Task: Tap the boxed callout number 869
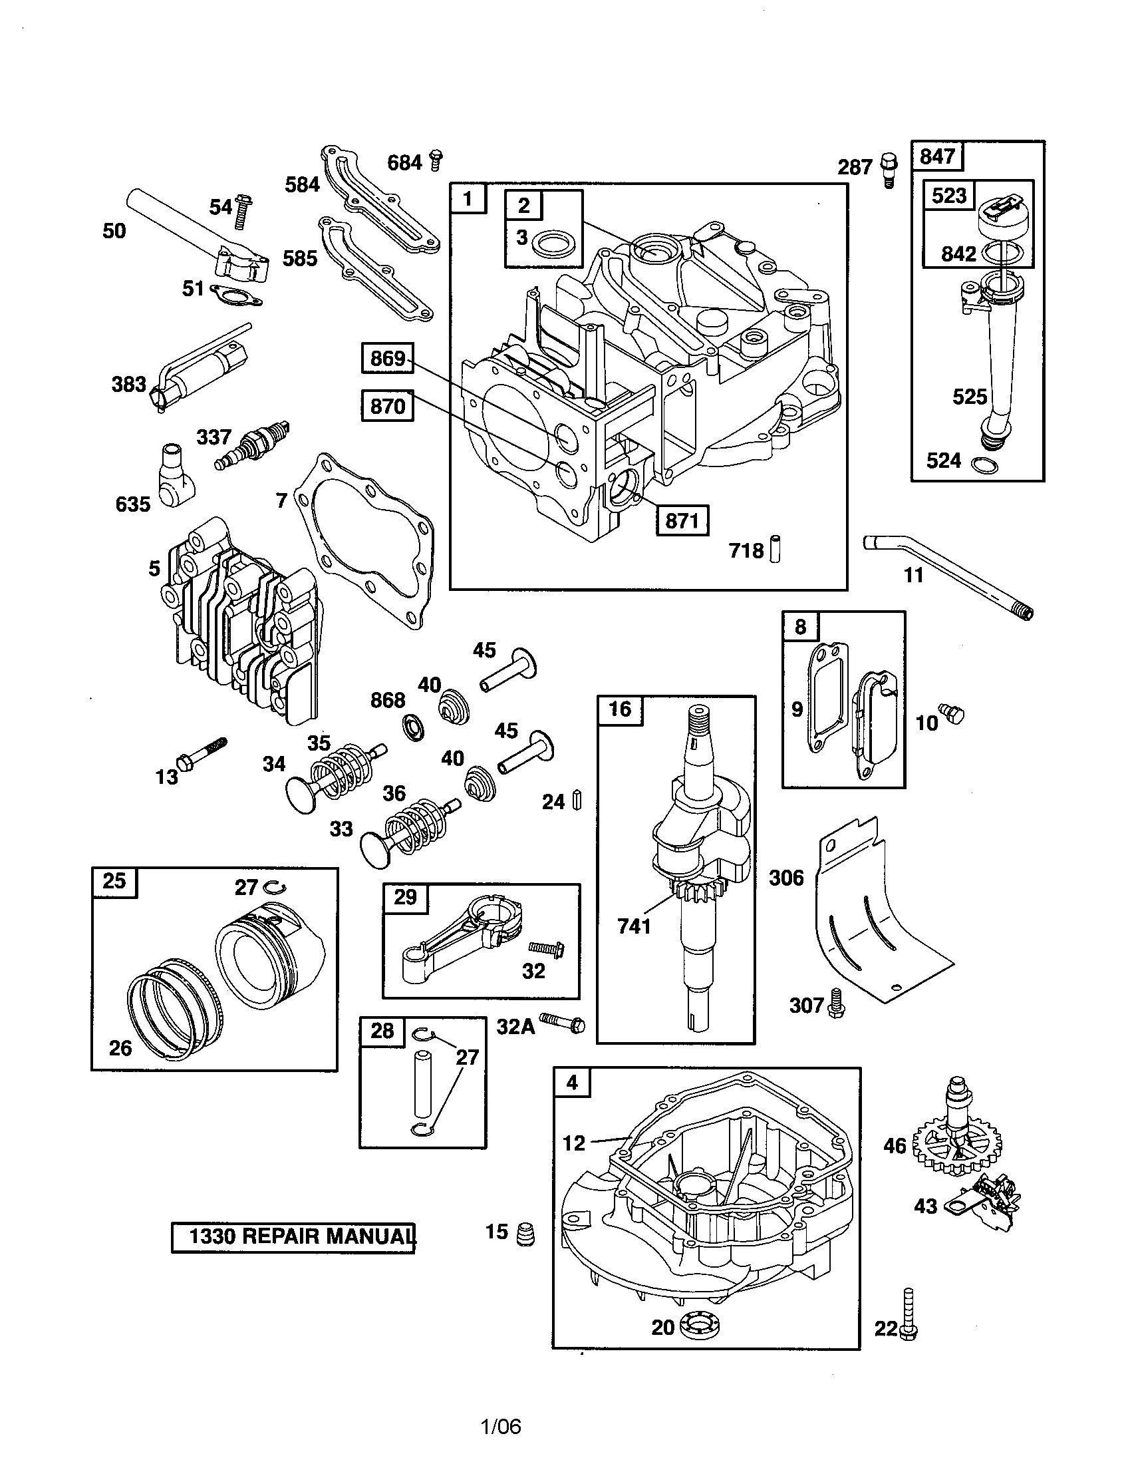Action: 388,359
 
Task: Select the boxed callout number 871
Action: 682,521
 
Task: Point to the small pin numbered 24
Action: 577,801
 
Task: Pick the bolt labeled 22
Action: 909,1315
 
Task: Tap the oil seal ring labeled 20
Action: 698,1326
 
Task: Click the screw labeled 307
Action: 836,1003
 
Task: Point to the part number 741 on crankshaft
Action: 634,926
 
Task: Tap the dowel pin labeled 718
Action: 775,548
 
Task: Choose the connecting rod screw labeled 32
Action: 546,948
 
